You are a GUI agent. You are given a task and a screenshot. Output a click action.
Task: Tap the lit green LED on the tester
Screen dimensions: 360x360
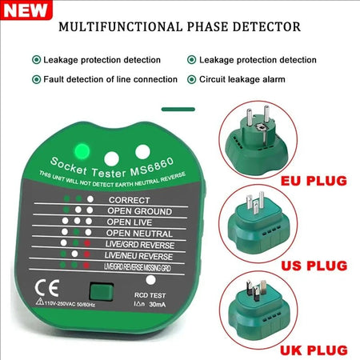(x=80, y=151)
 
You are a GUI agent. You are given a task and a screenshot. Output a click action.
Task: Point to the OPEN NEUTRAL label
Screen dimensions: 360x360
(x=141, y=232)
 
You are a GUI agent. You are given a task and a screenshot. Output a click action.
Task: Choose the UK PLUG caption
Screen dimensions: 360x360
(x=314, y=349)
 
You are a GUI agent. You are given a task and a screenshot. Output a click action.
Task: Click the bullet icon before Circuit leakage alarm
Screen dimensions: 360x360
(x=192, y=78)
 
